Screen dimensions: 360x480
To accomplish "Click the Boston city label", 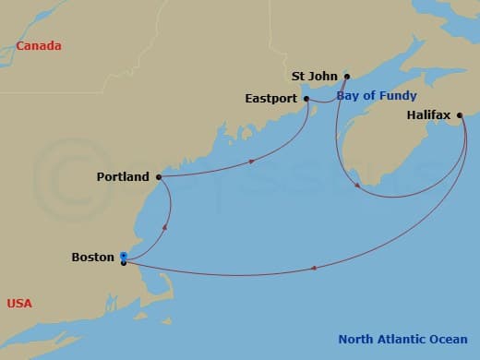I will [92, 258].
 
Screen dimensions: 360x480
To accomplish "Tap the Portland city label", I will [123, 176].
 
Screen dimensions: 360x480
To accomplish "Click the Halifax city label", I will [428, 115].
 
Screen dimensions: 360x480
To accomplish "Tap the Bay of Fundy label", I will [376, 95].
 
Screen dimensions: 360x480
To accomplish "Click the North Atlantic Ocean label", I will [402, 338].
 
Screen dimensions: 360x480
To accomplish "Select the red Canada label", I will [39, 45].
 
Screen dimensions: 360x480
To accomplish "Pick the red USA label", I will [19, 303].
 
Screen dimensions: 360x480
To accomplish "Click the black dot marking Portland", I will [159, 176].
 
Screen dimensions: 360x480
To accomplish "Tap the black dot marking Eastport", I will [306, 98].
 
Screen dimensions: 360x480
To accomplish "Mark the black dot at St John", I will [347, 77].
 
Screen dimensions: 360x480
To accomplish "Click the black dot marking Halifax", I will [459, 115].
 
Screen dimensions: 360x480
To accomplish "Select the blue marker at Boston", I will [123, 257].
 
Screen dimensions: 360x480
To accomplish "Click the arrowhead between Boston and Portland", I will [165, 226].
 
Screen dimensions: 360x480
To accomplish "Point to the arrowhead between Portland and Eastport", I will [251, 162].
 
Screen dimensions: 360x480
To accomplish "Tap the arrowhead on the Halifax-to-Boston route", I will [315, 269].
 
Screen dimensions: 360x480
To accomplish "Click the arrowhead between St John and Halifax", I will [357, 186].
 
